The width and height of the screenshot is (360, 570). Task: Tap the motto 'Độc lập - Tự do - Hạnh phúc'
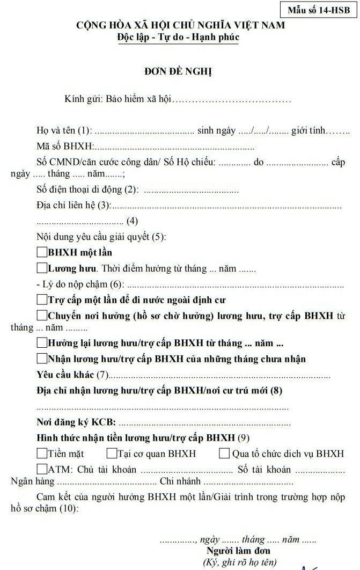178,37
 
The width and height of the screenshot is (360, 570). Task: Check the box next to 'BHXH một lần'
42,252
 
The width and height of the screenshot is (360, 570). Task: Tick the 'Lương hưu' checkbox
42,268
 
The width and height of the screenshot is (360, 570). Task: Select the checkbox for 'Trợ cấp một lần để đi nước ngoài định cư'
42,299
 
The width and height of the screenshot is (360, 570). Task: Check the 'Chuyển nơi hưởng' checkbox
42,315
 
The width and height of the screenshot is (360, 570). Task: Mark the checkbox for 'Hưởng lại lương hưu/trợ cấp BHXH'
42,342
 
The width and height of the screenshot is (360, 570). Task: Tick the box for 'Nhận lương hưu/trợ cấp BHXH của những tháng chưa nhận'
42,358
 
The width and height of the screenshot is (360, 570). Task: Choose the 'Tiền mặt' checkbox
42,454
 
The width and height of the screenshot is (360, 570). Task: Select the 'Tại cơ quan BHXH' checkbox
112,454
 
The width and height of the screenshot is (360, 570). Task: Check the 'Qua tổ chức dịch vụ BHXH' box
224,454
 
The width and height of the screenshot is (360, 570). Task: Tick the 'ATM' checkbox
42,469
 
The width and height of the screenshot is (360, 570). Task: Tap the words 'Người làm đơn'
238,551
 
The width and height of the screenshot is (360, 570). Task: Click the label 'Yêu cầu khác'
65,374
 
